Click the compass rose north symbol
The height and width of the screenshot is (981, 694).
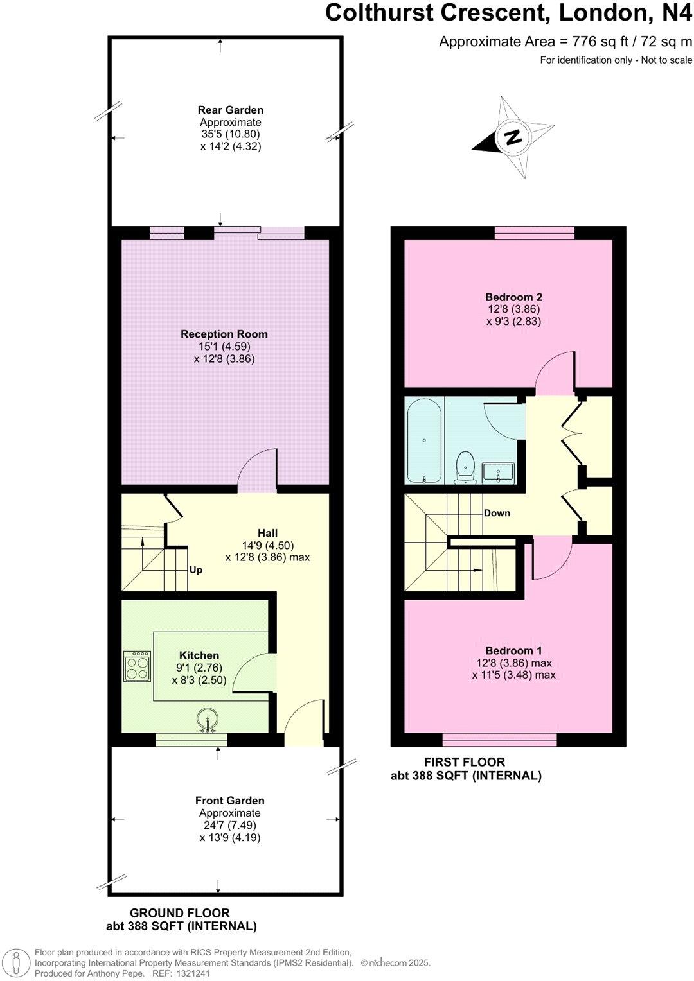click(x=513, y=137)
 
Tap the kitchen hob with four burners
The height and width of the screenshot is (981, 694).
click(x=138, y=666)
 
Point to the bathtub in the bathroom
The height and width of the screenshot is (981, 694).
click(x=424, y=441)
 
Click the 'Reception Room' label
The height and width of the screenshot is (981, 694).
click(x=224, y=334)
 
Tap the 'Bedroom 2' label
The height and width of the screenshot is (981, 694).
click(x=513, y=297)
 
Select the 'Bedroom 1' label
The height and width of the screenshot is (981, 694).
click(x=513, y=650)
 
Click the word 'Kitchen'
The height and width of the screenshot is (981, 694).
click(x=199, y=655)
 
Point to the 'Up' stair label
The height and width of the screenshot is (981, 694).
click(x=196, y=569)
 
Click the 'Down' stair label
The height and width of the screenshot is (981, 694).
click(x=497, y=513)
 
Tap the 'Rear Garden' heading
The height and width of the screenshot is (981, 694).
click(x=230, y=110)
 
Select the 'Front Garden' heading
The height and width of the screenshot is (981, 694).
click(x=229, y=801)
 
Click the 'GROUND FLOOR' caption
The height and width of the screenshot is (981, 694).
click(x=180, y=912)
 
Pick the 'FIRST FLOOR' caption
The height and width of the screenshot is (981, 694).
click(x=465, y=761)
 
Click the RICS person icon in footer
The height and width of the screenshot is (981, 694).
click(x=20, y=962)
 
